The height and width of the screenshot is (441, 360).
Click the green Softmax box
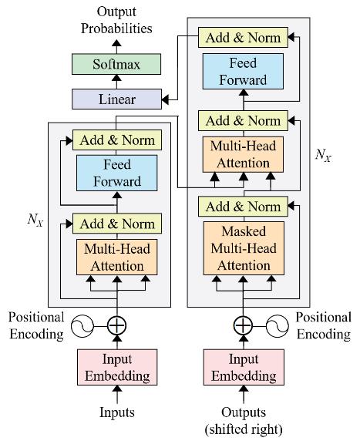tap(116, 64)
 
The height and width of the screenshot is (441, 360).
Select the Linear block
tap(116, 99)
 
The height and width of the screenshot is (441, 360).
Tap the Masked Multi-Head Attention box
tap(244, 248)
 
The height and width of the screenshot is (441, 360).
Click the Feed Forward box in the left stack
tap(116, 173)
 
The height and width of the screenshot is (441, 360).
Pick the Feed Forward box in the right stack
tap(243, 72)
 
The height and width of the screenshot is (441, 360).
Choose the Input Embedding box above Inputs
tap(117, 367)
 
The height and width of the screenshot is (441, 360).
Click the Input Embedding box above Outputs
tap(244, 367)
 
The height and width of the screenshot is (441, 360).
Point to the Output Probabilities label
tap(116, 20)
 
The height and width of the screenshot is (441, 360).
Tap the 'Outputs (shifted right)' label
tap(244, 421)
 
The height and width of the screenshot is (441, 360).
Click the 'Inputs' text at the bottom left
tap(117, 412)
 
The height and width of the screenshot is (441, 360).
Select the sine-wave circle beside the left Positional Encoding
tap(82, 326)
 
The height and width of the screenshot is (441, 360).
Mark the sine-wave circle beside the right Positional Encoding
tap(277, 326)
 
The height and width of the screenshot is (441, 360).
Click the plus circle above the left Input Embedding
tap(116, 326)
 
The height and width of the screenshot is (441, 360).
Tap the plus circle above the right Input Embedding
tap(244, 326)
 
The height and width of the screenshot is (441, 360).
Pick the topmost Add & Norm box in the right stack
tap(243, 38)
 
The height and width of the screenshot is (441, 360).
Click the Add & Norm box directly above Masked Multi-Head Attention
tap(243, 207)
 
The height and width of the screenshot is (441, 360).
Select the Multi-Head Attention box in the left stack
tap(116, 257)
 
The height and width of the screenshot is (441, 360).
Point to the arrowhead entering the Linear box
tap(165, 99)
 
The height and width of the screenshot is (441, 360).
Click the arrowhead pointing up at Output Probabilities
tap(116, 43)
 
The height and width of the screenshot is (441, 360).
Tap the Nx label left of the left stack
tap(35, 219)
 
